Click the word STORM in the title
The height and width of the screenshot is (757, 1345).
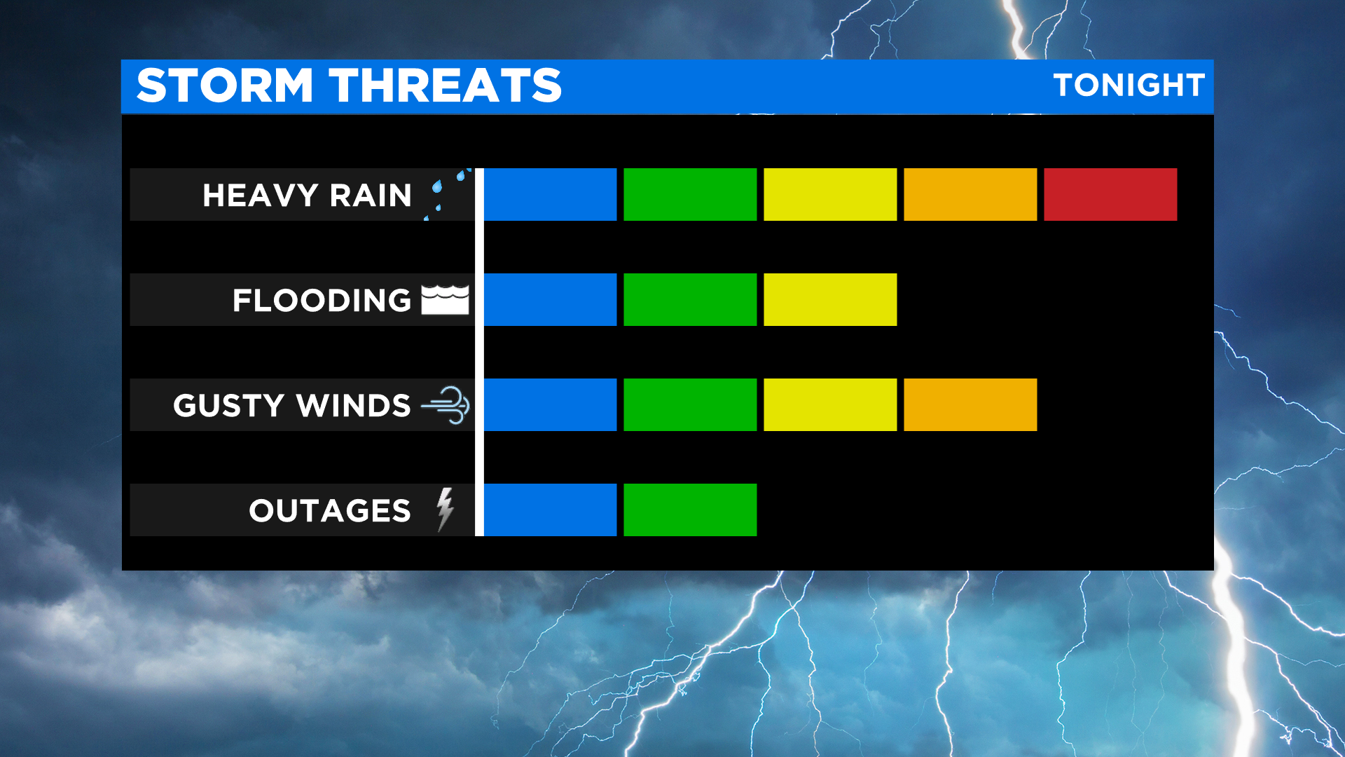click(225, 86)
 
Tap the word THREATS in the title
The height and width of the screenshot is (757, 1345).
click(446, 86)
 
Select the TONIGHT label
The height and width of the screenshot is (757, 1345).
click(1129, 85)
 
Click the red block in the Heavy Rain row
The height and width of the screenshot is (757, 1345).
click(1110, 194)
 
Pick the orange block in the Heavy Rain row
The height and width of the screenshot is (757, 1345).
click(970, 194)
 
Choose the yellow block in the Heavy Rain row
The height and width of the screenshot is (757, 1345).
click(830, 194)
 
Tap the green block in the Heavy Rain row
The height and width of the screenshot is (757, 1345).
click(690, 194)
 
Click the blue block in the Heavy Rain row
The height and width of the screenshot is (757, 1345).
click(551, 194)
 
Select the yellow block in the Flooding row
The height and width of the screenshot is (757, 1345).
click(830, 299)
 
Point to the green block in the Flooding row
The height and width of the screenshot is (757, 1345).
click(690, 299)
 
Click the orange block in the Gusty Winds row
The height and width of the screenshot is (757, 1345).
click(970, 404)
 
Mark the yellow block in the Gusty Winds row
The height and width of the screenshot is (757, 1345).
click(830, 404)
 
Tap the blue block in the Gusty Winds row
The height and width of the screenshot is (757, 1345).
click(551, 404)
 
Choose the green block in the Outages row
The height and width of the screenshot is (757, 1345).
click(690, 510)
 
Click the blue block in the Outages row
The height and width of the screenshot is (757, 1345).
click(551, 510)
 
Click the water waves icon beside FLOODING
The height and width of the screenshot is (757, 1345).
click(445, 300)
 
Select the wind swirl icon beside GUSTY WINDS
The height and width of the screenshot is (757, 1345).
click(446, 405)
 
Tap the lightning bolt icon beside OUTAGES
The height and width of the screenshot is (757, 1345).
click(445, 510)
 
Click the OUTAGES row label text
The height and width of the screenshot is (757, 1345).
click(330, 510)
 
